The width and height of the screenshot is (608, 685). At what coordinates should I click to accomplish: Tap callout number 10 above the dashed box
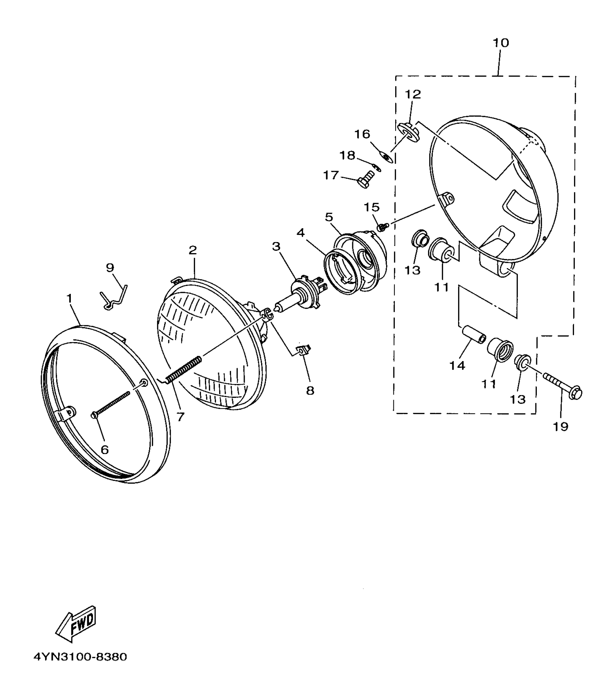pyautogui.click(x=500, y=43)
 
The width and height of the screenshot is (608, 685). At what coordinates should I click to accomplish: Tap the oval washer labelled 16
pyautogui.click(x=386, y=157)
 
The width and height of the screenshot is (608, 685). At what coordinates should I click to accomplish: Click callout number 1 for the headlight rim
pyautogui.click(x=69, y=299)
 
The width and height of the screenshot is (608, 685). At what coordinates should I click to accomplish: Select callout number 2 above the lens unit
pyautogui.click(x=193, y=250)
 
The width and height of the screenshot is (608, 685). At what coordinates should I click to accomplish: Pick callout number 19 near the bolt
pyautogui.click(x=560, y=426)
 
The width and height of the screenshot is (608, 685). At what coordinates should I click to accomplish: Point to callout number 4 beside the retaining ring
pyautogui.click(x=300, y=233)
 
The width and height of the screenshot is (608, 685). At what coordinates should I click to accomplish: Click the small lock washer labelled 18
pyautogui.click(x=376, y=167)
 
